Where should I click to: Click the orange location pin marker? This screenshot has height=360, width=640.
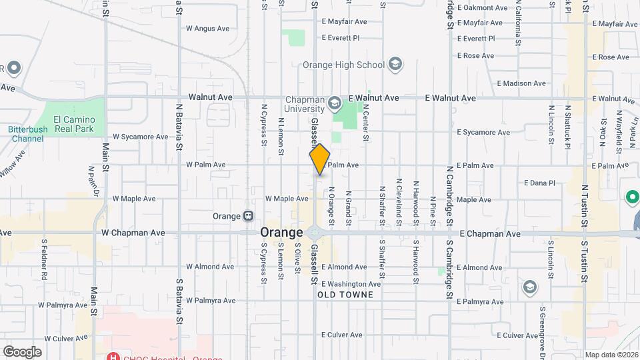coord(320,159)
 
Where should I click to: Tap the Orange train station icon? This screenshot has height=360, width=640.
coord(247,216)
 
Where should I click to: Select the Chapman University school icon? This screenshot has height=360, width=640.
coord(333,104)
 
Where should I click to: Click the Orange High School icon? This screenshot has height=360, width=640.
coord(395,64)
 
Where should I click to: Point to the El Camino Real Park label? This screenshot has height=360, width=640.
coord(69,124)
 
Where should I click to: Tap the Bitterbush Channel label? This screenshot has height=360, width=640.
coord(26,134)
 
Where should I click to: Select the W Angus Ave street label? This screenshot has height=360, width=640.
coord(207,29)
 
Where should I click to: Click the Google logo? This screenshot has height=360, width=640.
coord(22,352)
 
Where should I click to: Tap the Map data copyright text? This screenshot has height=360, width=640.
coord(611,355)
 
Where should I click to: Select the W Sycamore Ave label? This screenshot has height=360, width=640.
coord(140,137)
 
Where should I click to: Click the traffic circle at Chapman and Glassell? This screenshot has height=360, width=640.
coord(315,233)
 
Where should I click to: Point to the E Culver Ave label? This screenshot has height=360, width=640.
coord(341,335)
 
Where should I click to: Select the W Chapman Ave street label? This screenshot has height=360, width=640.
coord(133,233)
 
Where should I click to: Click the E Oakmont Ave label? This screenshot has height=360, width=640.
coord(483,8)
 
